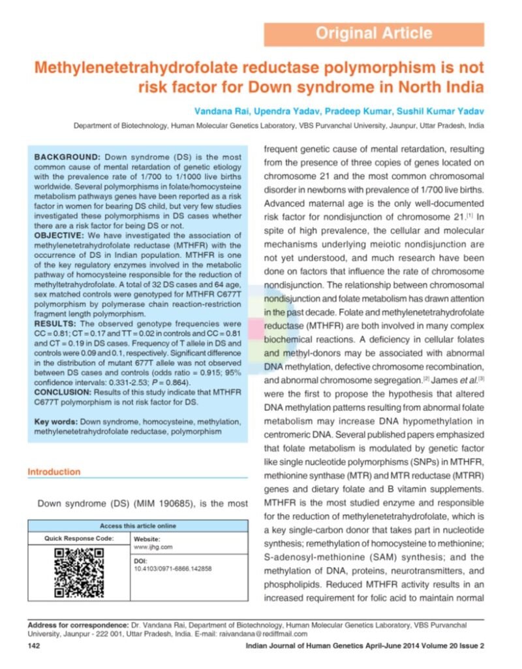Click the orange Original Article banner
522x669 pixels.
point(374,34)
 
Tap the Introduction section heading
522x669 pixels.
point(54,472)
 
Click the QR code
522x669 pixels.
point(78,574)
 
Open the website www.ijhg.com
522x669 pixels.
point(153,547)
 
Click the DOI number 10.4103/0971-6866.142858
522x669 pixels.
point(172,569)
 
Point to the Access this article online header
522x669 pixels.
point(138,526)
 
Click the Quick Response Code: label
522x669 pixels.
point(79,538)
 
